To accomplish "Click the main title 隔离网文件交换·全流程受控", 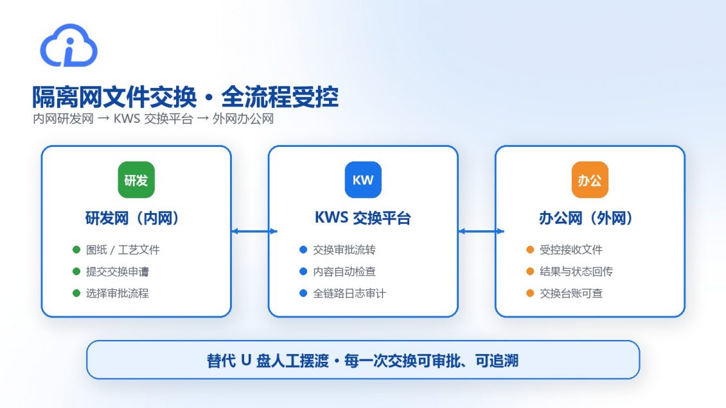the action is (x=185, y=97).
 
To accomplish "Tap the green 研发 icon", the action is (x=136, y=180).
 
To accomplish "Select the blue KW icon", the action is (x=363, y=180).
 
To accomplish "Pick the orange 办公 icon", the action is (x=590, y=180).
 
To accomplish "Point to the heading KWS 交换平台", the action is (x=362, y=217).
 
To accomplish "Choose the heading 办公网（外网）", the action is (x=586, y=217).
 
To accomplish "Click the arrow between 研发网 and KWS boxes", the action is (x=254, y=231).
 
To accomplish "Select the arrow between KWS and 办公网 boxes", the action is (x=481, y=231).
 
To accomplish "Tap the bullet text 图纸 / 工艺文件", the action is (x=123, y=250).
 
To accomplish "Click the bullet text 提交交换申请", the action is (x=117, y=272).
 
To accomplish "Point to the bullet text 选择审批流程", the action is (x=117, y=293).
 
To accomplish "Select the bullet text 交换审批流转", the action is (x=344, y=250).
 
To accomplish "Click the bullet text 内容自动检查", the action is (x=344, y=272).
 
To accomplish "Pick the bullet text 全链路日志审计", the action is (x=349, y=293).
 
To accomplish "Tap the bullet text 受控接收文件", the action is (x=571, y=250).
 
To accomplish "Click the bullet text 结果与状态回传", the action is (x=576, y=272).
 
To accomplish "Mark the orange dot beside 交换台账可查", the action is (x=530, y=293).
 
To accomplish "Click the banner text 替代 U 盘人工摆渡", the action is (x=268, y=361).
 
